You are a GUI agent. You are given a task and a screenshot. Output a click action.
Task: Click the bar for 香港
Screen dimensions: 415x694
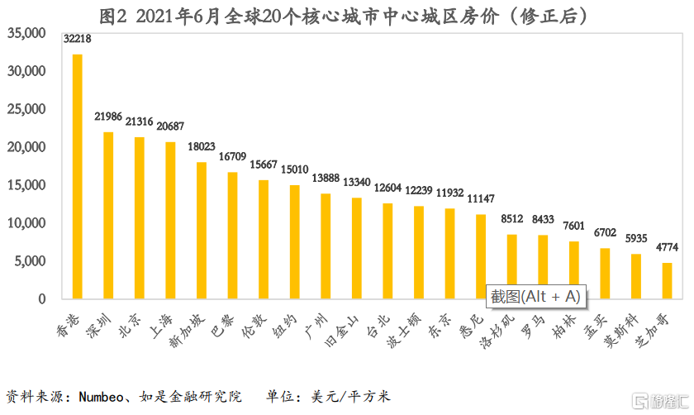pos(78,176)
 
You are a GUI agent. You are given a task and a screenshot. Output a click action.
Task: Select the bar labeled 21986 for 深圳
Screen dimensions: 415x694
pos(108,215)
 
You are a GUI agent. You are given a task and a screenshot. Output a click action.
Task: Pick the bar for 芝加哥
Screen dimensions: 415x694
pos(668,280)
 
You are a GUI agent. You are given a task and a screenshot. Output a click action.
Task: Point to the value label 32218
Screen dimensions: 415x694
pos(78,39)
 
